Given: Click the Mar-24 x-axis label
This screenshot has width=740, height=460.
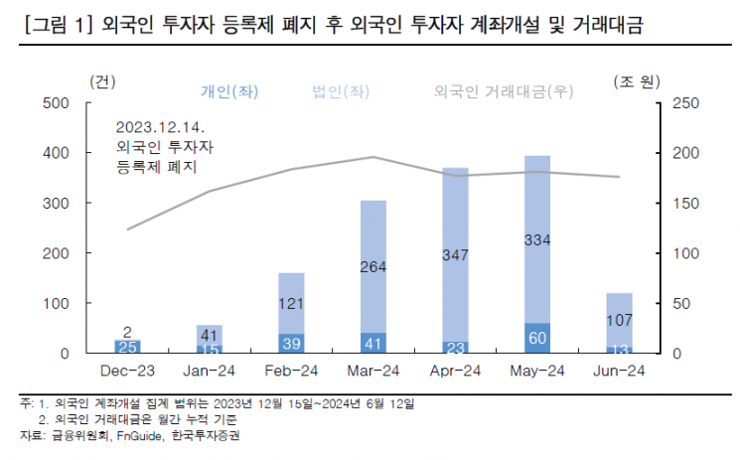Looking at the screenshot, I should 372,371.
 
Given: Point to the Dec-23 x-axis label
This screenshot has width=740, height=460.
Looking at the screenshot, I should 127,371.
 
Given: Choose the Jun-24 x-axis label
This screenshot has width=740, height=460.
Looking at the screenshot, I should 620,371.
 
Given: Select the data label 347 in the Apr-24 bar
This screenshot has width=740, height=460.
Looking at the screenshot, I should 455,255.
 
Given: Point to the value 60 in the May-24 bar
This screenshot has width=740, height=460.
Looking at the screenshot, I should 537,338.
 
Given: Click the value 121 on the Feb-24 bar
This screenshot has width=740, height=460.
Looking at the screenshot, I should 291,302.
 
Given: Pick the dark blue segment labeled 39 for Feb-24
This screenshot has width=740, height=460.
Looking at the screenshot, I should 291,343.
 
